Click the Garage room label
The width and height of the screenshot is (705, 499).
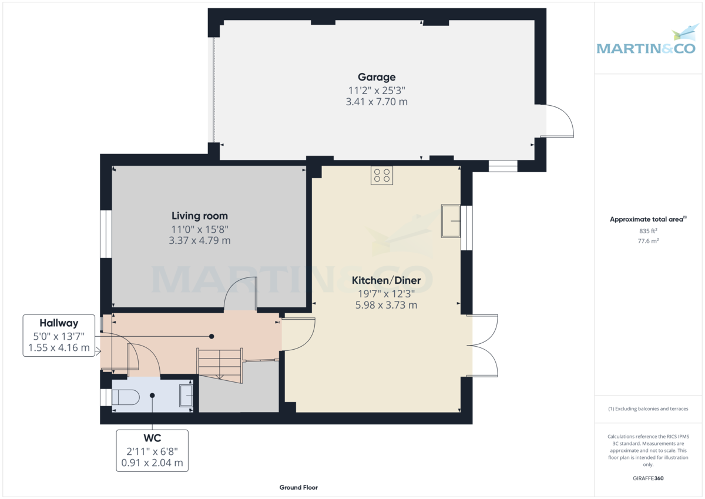click(377, 77)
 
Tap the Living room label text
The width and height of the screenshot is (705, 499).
click(200, 216)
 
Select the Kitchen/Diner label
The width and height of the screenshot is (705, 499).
click(386, 280)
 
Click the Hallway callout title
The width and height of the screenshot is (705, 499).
click(59, 323)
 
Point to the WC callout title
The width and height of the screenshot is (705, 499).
click(152, 438)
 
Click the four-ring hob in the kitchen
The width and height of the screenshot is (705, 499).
click(382, 175)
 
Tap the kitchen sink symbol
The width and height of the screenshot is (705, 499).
click(451, 221)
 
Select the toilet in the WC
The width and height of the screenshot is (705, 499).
click(126, 397)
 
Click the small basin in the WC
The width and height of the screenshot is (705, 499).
click(186, 396)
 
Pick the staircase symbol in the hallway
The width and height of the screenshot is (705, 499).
click(220, 365)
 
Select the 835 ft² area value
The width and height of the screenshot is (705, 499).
click(648, 231)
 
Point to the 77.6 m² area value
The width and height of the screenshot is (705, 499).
click(648, 241)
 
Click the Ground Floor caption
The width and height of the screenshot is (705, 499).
click(298, 487)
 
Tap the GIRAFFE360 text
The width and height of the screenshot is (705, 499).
click(648, 478)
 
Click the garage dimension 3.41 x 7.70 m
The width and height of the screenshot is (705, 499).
click(377, 102)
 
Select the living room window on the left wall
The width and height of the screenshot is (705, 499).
click(106, 235)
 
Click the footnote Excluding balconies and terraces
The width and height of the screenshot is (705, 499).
click(648, 408)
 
